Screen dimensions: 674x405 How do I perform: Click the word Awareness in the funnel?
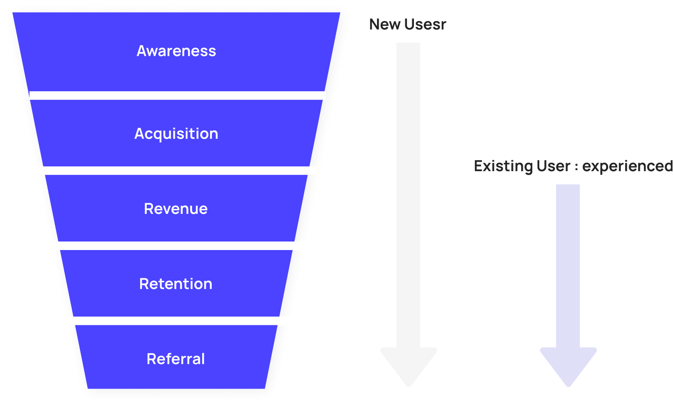point(176,51)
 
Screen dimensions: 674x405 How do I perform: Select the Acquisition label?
point(176,134)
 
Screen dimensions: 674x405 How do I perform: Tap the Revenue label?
point(176,209)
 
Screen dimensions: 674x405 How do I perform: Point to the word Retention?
point(176,284)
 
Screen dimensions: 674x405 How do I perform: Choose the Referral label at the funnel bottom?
point(176,359)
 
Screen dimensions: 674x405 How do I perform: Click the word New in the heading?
point(384,24)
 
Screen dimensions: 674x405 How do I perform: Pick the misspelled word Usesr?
point(425,24)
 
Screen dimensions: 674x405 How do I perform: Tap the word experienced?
point(628,166)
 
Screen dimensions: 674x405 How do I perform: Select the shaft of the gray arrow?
point(408,195)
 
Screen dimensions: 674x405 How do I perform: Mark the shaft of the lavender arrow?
point(568,266)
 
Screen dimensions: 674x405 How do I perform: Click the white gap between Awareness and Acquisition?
point(176,95)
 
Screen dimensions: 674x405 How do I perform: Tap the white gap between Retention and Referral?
point(176,321)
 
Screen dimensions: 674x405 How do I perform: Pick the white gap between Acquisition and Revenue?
point(176,171)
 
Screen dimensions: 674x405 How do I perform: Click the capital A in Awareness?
point(142,51)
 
